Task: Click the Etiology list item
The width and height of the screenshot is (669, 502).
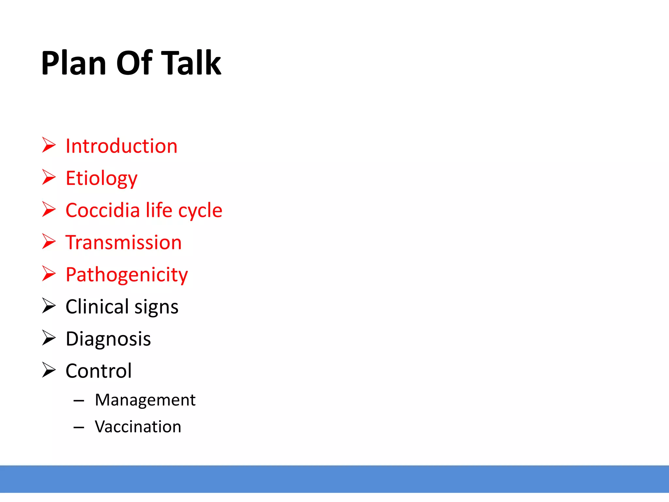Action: [x=101, y=178]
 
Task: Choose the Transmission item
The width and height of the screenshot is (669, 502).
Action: [x=123, y=243]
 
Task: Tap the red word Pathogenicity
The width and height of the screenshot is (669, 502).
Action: [x=127, y=275]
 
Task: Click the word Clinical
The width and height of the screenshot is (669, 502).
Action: [x=97, y=307]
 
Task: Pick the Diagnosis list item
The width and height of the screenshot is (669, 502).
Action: [x=108, y=339]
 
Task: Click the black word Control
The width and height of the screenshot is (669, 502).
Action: [x=99, y=371]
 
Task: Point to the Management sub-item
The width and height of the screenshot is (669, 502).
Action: [x=145, y=400]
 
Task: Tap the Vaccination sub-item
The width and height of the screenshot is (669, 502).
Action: [x=138, y=427]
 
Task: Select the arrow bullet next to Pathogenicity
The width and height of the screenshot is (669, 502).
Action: [x=49, y=274]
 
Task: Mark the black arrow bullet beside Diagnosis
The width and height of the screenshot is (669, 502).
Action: [x=49, y=338]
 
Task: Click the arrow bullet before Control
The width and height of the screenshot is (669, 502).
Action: [x=49, y=370]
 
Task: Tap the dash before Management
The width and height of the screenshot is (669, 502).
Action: [x=79, y=400]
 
